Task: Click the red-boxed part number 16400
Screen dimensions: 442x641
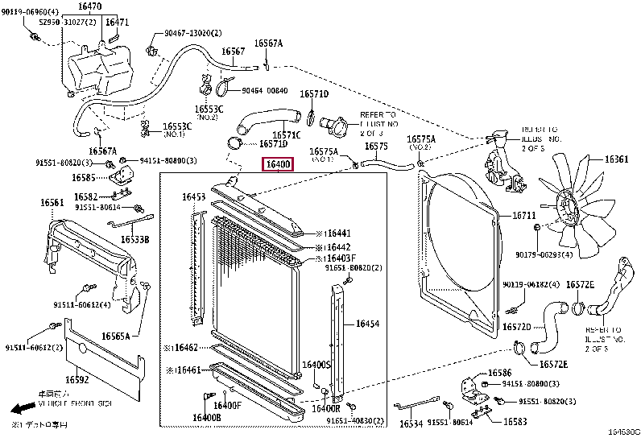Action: click(278, 165)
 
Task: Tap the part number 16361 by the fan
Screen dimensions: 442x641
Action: click(616, 159)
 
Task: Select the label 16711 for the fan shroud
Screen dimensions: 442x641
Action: click(523, 216)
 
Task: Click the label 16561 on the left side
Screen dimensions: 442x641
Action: click(52, 204)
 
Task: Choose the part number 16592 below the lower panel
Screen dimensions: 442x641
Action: click(77, 379)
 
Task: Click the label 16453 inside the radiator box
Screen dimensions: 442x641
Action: click(193, 196)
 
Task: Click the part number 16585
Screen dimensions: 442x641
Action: click(85, 177)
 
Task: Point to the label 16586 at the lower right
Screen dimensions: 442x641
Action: click(499, 374)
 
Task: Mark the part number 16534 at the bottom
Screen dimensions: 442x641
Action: click(411, 423)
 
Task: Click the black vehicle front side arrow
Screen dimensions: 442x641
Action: click(24, 407)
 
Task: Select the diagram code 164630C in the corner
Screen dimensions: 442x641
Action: click(622, 433)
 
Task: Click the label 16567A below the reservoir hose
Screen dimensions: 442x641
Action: click(102, 151)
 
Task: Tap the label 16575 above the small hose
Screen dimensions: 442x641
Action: click(376, 147)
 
